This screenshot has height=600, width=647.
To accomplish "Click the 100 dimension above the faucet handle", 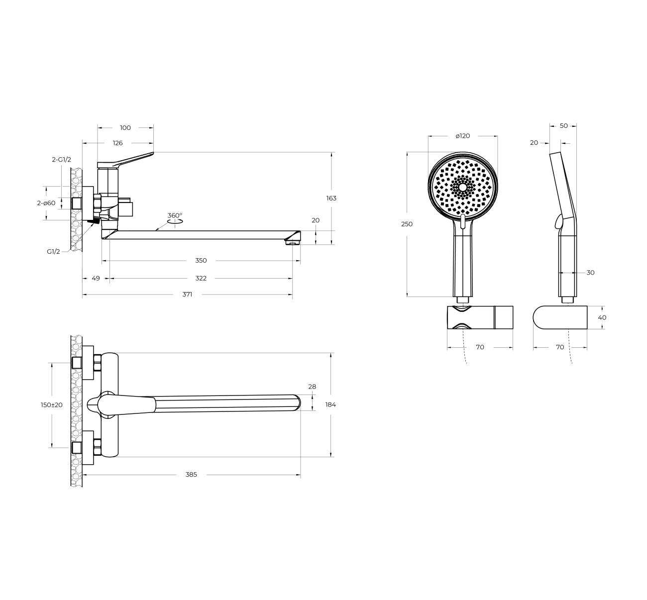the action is pyautogui.click(x=125, y=128).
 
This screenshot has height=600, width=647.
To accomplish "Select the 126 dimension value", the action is pyautogui.click(x=117, y=143).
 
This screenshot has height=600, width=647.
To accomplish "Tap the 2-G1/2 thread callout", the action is pyautogui.click(x=61, y=160).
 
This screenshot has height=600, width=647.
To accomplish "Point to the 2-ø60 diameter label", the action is pyautogui.click(x=46, y=203).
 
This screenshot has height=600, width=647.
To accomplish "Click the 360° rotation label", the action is pyautogui.click(x=175, y=215).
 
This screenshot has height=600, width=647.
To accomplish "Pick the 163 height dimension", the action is pyautogui.click(x=331, y=199).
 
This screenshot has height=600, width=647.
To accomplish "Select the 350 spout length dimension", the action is pyautogui.click(x=201, y=261).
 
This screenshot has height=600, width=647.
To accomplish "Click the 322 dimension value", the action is pyautogui.click(x=201, y=278).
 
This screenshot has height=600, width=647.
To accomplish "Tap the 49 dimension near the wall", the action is pyautogui.click(x=96, y=278).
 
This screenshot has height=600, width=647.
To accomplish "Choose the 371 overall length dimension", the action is pyautogui.click(x=187, y=295).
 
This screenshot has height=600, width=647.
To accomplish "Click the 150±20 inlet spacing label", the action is pyautogui.click(x=51, y=405).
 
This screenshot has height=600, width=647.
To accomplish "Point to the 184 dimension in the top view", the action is pyautogui.click(x=330, y=404).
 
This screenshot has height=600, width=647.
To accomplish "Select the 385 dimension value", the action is pyautogui.click(x=191, y=475).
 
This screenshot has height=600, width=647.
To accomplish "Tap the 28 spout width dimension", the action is pyautogui.click(x=312, y=387).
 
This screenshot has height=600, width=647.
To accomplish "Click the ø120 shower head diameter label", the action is pyautogui.click(x=463, y=136).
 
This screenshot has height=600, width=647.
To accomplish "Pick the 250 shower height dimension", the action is pyautogui.click(x=407, y=224).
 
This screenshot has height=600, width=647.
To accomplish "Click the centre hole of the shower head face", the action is pyautogui.click(x=463, y=187).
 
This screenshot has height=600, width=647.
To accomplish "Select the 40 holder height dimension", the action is pyautogui.click(x=602, y=317).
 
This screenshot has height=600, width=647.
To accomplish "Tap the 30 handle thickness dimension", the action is pyautogui.click(x=590, y=273).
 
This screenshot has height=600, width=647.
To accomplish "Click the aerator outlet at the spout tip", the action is pyautogui.click(x=293, y=242).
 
